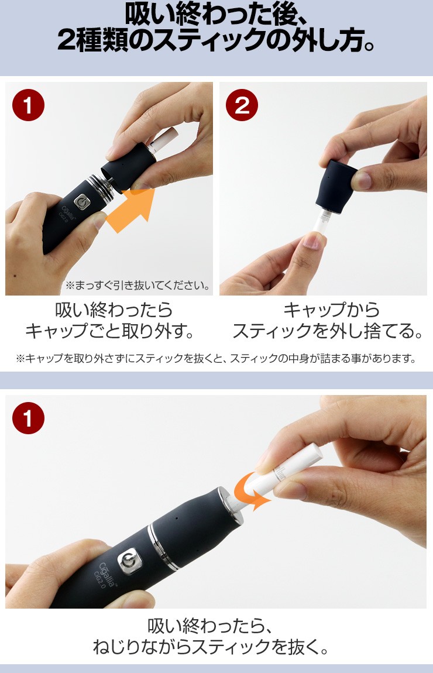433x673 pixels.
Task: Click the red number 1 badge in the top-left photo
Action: click(28, 105)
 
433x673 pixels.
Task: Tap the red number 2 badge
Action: click(242, 105)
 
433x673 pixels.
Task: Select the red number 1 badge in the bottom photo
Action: click(28, 418)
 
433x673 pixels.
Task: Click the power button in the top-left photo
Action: click(81, 202)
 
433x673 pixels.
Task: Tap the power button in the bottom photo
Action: click(128, 559)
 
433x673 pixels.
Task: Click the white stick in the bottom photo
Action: click(283, 472)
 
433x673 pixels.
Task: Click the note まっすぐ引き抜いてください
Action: click(138, 285)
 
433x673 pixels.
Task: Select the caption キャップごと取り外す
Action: click(109, 331)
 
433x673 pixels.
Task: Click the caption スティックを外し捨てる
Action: click(328, 331)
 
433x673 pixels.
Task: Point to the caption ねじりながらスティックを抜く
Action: click(210, 647)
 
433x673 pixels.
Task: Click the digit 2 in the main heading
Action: click(67, 41)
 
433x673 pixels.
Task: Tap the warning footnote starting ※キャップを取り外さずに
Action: click(216, 358)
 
